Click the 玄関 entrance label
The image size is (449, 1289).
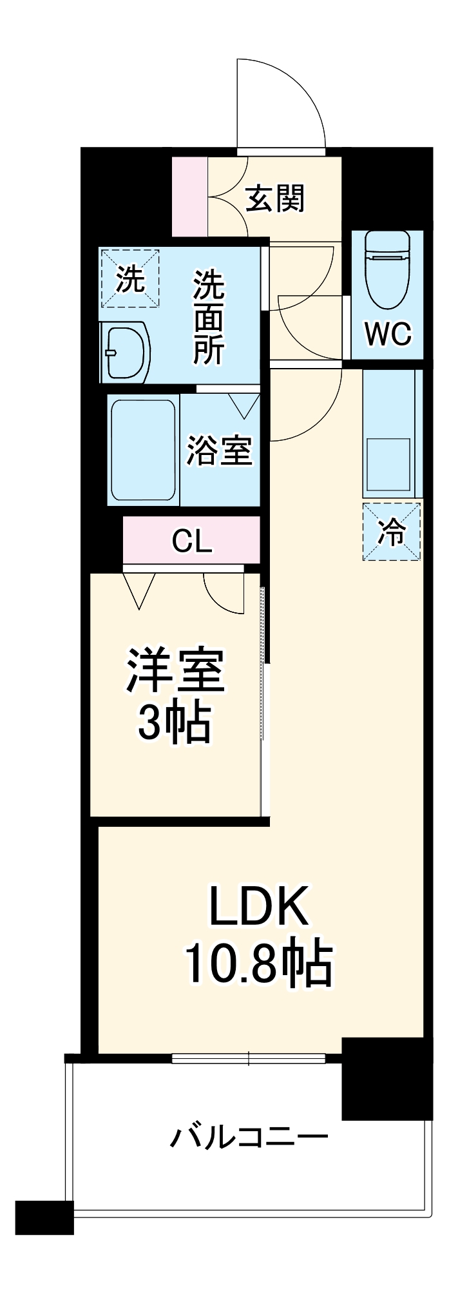click(x=275, y=198)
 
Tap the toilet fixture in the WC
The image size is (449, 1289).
click(x=387, y=271)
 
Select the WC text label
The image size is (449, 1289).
click(x=387, y=334)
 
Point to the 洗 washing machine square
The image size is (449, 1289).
click(x=129, y=279)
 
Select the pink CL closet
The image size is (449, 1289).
click(x=192, y=541)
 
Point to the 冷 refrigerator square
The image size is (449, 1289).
click(x=391, y=532)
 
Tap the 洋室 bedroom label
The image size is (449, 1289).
click(x=175, y=670)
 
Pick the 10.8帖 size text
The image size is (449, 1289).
click(x=258, y=965)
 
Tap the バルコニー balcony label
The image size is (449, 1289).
click(x=249, y=1138)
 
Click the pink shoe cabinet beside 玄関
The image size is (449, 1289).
click(x=190, y=197)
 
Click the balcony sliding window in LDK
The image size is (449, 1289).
click(x=249, y=1058)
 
